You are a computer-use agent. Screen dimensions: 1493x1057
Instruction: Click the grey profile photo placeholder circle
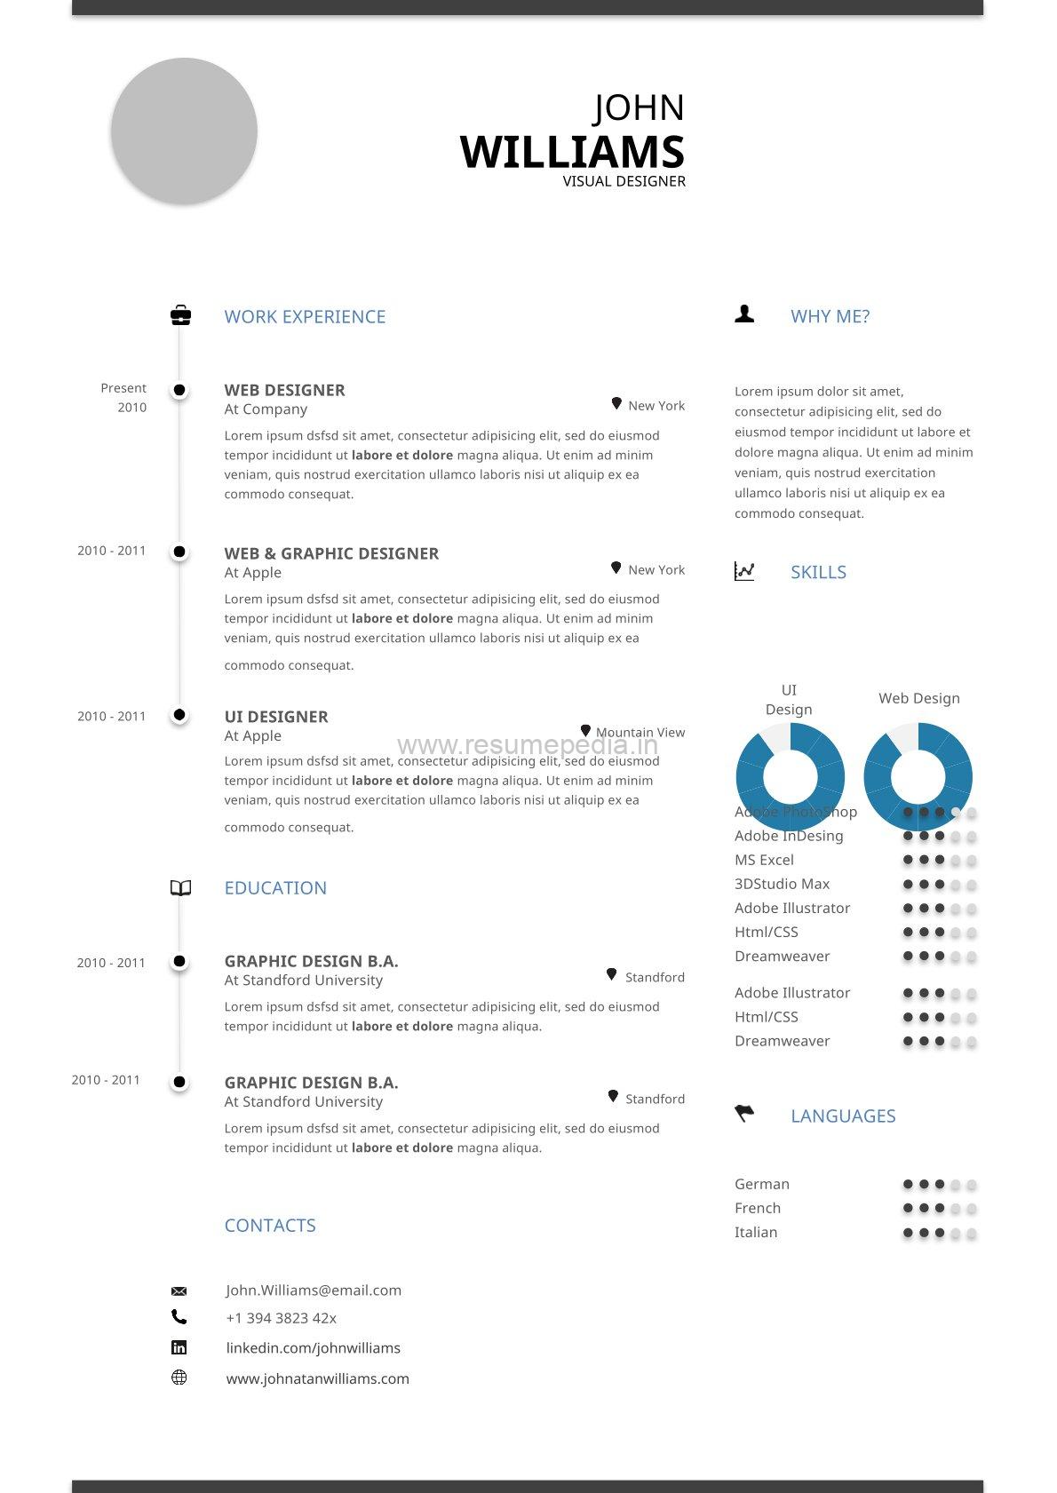point(184,131)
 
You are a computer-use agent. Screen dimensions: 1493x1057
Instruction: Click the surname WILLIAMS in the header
point(572,152)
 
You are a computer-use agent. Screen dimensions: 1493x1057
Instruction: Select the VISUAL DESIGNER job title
point(624,181)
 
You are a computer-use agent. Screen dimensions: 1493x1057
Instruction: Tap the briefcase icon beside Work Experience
point(180,315)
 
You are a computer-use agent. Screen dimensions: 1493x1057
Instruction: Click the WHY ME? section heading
point(830,316)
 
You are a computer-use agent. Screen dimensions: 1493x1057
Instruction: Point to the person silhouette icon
point(744,314)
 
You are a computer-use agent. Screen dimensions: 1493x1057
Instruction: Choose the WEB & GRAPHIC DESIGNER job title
point(331,553)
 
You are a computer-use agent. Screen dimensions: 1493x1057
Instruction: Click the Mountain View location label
point(640,732)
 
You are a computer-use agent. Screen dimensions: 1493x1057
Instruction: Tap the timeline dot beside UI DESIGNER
point(179,715)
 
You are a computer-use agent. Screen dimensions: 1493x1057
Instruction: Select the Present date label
point(123,388)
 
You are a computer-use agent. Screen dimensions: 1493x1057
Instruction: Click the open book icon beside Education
point(180,888)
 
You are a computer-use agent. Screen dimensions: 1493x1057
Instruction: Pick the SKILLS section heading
point(818,572)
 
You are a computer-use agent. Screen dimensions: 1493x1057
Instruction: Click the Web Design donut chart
point(918,776)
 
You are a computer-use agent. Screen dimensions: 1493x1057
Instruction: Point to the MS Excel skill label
point(764,860)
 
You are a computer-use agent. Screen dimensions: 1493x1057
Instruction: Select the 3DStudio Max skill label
point(782,884)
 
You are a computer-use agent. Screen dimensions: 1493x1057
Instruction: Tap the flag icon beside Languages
point(744,1113)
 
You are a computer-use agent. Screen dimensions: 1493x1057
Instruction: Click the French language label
point(758,1208)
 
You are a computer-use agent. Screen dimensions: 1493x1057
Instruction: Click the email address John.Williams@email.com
point(314,1290)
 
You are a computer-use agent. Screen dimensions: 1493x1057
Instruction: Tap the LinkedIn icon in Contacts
point(179,1347)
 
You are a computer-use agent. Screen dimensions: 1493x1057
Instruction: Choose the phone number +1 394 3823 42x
point(281,1318)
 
